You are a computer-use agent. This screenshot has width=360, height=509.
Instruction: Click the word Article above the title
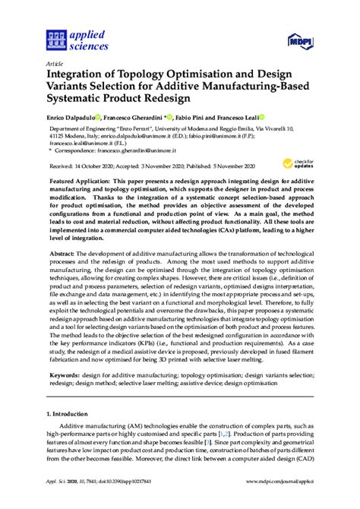coord(55,65)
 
